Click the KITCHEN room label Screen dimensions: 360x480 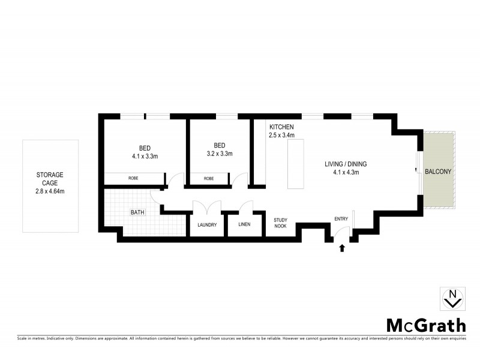281,127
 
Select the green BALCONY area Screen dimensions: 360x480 438,171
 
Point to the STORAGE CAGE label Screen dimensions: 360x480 49,179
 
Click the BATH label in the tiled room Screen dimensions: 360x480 139,212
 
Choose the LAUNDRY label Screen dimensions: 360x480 207,225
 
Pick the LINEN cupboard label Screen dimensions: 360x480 244,225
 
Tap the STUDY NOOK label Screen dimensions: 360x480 281,223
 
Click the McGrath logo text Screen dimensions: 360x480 425,325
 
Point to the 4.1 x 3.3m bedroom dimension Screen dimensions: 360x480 145,156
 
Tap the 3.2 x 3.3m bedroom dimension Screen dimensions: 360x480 219,154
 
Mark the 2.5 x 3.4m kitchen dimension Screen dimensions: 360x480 281,136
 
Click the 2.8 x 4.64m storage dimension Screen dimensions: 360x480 49,191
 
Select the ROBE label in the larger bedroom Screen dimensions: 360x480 134,178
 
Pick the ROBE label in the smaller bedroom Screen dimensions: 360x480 209,178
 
